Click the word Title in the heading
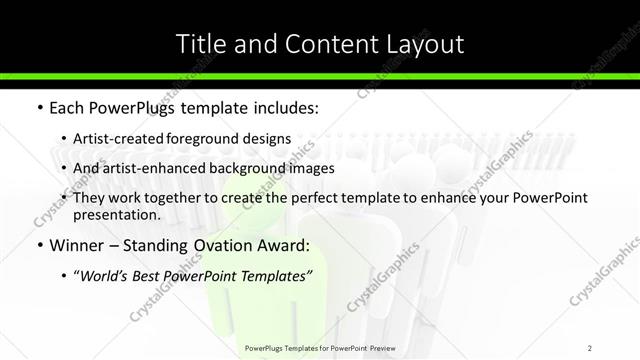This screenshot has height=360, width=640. pos(198,44)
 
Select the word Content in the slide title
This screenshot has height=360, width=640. pos(320,44)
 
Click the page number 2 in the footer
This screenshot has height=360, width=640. pos(590,347)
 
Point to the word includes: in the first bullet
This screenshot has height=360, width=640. pos(281,107)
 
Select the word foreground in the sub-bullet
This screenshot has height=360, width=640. pos(221,139)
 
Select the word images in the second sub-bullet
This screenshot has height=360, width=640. pos(309,169)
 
